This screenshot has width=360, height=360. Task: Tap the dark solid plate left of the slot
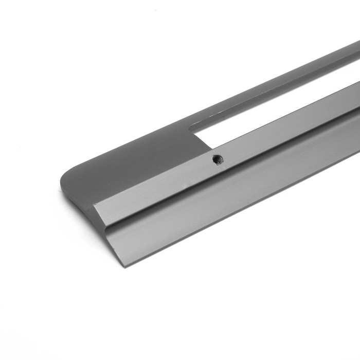[x=134, y=159]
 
